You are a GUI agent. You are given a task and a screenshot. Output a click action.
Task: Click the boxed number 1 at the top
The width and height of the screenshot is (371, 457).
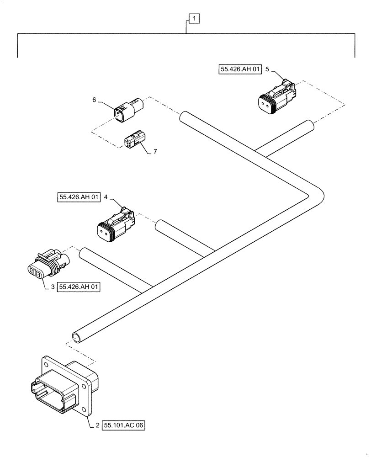click(194, 19)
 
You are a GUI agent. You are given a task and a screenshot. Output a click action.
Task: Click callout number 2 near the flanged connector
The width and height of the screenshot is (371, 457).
click(97, 425)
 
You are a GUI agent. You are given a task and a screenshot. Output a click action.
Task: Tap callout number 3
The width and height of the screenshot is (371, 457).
click(53, 287)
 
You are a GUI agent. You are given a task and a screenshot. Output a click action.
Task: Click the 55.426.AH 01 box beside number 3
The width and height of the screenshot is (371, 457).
click(79, 287)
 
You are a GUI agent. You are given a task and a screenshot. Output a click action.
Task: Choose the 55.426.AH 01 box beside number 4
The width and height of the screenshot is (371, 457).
click(79, 197)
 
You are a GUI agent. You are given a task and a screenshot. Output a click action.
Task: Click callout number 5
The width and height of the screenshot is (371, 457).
click(267, 69)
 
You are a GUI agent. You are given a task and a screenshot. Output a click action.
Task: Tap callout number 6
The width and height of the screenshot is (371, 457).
click(94, 100)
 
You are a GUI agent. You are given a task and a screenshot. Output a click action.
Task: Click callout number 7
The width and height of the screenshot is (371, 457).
click(155, 151)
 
